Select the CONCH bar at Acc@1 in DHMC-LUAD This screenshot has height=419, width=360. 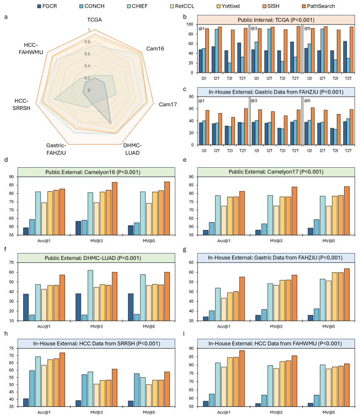point(32,318)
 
